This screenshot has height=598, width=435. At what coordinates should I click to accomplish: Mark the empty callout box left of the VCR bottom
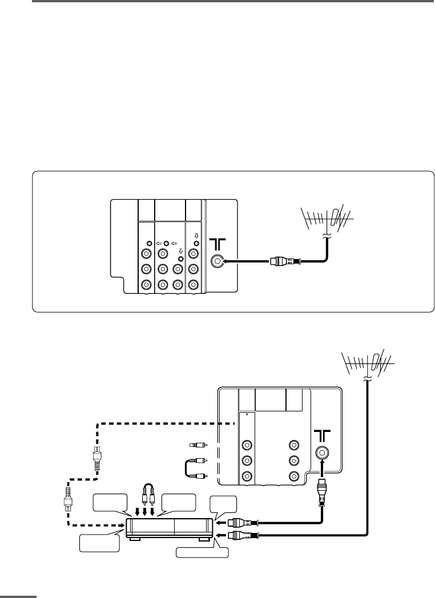click(x=99, y=543)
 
